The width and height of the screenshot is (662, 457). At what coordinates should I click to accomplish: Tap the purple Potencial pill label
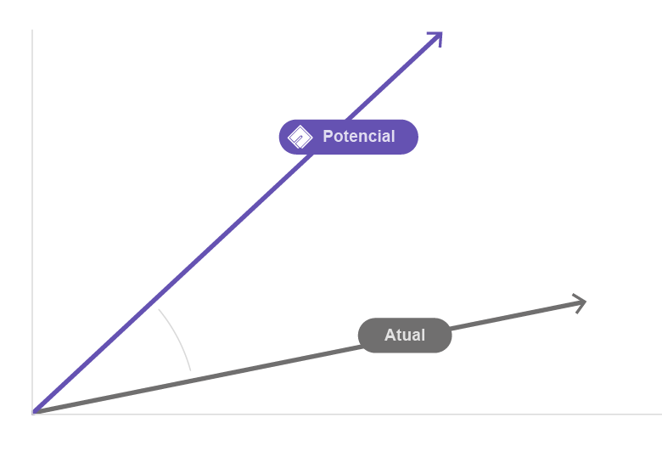(348, 136)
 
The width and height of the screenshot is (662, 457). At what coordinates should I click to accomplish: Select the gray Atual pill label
(405, 335)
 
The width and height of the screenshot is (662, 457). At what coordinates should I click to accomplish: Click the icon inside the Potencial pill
(300, 137)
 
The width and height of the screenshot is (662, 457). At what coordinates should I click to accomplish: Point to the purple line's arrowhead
(435, 38)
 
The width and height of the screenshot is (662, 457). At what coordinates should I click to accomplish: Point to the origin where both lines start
(32, 413)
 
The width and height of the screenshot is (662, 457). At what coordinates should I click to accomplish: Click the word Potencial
(359, 136)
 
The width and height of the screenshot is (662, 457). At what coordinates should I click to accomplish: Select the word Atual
(405, 335)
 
